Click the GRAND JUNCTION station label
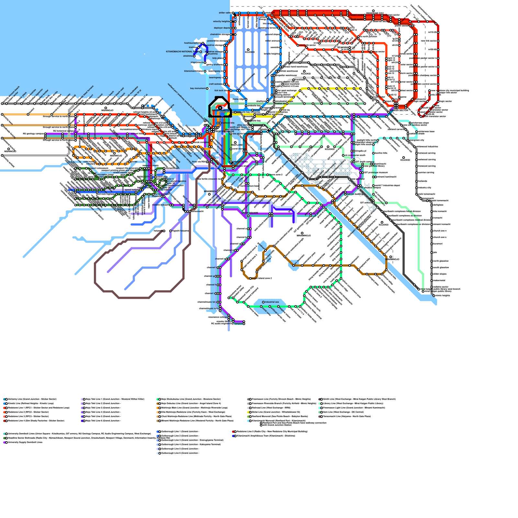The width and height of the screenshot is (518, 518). click(221, 110)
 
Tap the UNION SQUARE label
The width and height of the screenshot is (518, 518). click(250, 213)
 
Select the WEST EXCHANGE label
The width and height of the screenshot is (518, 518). click(225, 131)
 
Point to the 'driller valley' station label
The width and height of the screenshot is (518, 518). click(225, 13)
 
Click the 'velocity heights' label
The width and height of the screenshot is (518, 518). click(221, 21)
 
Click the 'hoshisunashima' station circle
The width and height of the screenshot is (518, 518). click(203, 43)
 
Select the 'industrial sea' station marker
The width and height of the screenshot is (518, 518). click(263, 302)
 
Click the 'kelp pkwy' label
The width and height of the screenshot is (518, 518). click(218, 58)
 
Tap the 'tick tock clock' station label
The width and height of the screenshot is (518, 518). click(221, 91)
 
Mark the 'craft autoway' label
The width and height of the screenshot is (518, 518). click(216, 84)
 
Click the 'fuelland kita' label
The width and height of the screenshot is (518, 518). click(228, 123)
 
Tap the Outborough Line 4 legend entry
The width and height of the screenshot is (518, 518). click(191, 445)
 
